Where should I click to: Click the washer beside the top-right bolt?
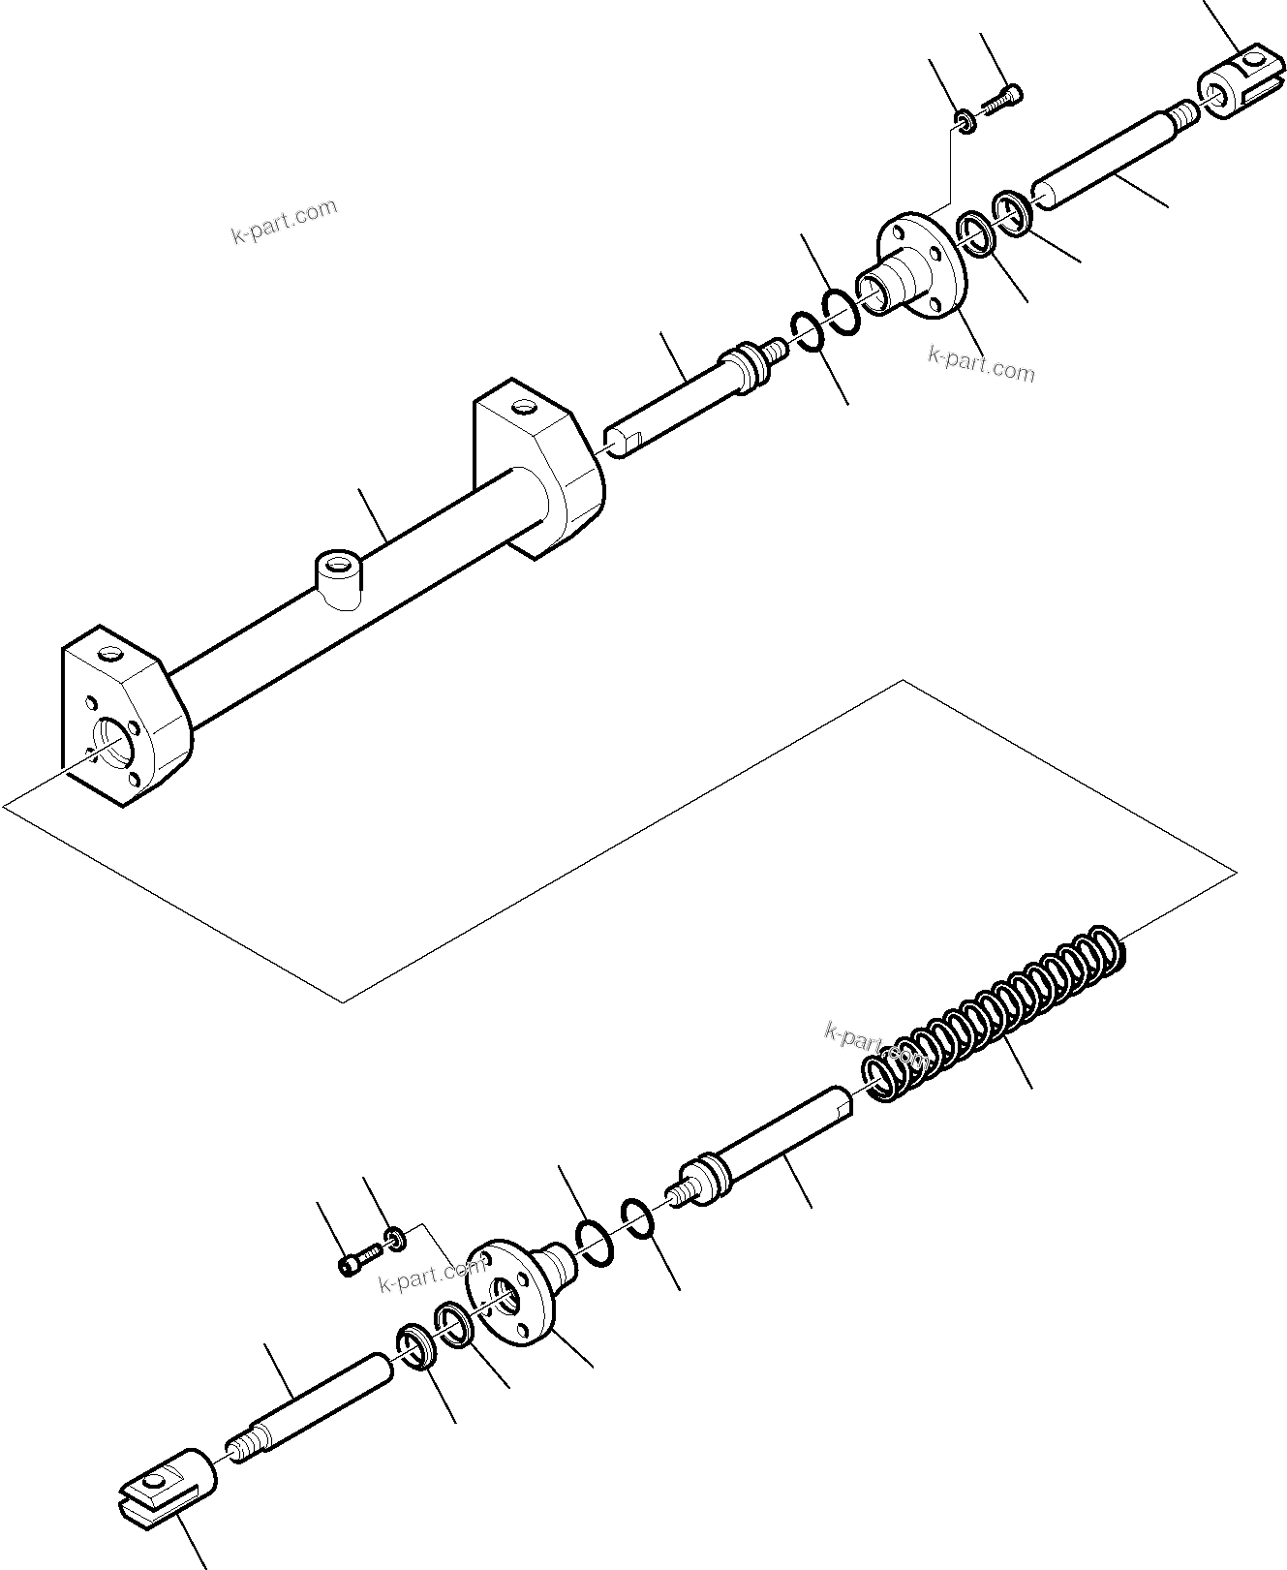(x=965, y=120)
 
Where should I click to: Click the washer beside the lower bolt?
(x=395, y=1238)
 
